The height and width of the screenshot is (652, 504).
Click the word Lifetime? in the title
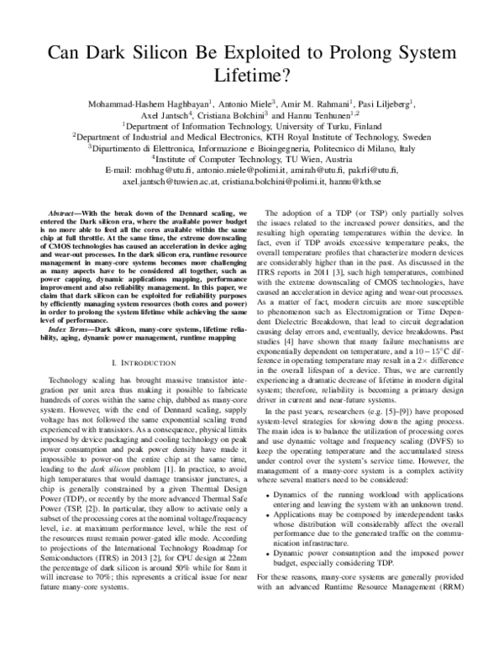251,73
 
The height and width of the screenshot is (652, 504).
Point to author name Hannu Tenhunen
328,112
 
